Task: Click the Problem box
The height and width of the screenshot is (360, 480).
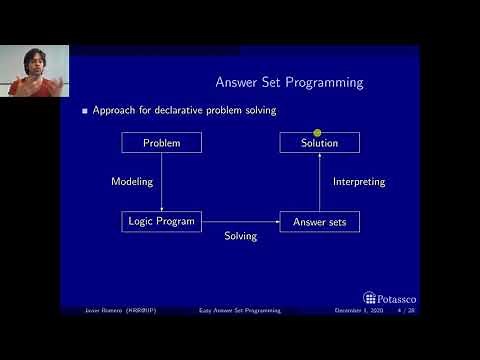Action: [x=161, y=143]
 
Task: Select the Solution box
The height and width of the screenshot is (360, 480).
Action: [x=320, y=143]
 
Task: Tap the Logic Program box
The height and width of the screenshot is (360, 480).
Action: [x=161, y=221]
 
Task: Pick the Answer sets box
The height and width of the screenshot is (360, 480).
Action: [x=320, y=221]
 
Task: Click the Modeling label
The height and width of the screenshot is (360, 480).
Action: [x=130, y=182]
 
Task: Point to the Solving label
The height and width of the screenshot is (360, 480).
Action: [x=240, y=236]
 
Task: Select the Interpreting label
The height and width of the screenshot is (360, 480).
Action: [x=358, y=182]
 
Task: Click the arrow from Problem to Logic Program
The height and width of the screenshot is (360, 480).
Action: [x=161, y=182]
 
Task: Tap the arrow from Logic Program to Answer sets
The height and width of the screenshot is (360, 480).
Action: [x=240, y=221]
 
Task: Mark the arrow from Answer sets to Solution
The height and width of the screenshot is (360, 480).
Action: [x=320, y=182]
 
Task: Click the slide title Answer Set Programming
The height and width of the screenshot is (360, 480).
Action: [x=289, y=82]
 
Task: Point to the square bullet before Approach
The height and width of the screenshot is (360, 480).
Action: [x=85, y=110]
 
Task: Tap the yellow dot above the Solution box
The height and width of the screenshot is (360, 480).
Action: [x=317, y=132]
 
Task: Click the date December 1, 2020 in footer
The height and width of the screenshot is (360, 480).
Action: [x=356, y=311]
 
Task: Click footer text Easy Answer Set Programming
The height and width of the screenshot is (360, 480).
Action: [x=240, y=311]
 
